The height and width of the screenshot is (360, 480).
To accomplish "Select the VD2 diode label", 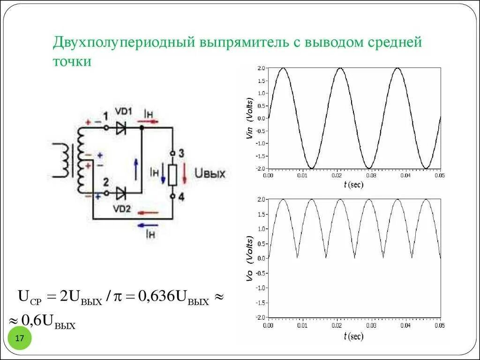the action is point(123,209).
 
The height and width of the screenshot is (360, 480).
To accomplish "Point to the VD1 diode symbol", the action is point(121,127).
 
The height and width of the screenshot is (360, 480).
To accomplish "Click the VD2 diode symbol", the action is point(121,193).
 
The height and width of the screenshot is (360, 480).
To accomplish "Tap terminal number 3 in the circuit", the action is point(181,153).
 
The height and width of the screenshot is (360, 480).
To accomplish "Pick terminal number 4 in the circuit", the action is point(181,197).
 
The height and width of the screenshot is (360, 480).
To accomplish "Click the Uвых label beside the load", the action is point(210,174).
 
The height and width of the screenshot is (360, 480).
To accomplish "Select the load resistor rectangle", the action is point(172,174).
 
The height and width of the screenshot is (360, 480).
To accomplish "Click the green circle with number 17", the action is point(20,339).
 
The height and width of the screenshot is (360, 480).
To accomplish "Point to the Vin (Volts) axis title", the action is point(249,118).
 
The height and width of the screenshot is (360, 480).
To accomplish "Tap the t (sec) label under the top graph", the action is point(353,184).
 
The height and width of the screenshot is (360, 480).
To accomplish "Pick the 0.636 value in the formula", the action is point(156,297).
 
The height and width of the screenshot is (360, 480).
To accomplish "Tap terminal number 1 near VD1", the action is point(105,116).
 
